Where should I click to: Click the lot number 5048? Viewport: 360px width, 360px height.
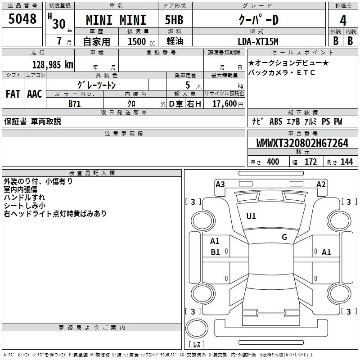22,19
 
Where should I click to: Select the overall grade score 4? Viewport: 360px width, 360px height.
343,20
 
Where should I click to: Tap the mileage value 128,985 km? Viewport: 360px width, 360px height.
53,64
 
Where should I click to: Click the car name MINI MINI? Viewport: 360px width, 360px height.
116,20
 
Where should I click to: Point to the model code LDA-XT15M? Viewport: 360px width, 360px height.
258,41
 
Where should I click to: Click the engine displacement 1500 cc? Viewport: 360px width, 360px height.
139,41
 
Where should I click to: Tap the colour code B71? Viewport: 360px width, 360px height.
74,103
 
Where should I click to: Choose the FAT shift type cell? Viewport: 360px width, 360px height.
13,94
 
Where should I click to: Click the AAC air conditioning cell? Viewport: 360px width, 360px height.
35,94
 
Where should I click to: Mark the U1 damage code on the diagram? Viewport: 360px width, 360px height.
251,216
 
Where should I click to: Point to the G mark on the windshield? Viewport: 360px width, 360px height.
284,237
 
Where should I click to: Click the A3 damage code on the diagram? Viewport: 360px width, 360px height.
220,184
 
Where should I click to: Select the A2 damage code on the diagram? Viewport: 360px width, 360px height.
321,184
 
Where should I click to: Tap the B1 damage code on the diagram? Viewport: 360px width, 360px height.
216,252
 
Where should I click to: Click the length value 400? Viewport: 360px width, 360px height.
273,162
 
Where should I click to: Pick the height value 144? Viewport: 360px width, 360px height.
346,162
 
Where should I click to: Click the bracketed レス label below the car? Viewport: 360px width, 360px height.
197,344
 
